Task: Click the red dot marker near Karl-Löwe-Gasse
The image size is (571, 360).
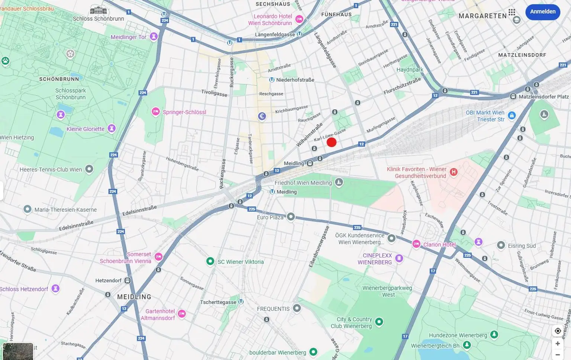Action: [x=331, y=142]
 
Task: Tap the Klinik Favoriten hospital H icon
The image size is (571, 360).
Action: [x=454, y=172]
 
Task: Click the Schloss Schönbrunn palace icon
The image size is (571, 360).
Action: [x=98, y=10]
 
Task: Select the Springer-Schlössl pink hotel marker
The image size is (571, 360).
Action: [x=156, y=112]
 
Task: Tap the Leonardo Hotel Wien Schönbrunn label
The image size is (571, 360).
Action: [x=270, y=20]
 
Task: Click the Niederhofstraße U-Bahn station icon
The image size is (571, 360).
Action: [x=272, y=80]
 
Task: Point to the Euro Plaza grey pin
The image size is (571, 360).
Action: [x=291, y=216]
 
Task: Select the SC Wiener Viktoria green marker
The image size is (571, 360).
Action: [x=210, y=261]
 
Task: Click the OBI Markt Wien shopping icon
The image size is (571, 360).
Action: [x=512, y=115]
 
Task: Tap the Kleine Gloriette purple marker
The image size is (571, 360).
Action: [x=111, y=128]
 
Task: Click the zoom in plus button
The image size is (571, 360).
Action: [x=558, y=343]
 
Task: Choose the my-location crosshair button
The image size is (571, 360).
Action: [x=558, y=331]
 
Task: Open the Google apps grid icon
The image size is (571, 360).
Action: [x=512, y=12]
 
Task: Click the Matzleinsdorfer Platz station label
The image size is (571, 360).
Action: [x=543, y=97]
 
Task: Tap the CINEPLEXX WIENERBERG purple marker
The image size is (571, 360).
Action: [x=399, y=258]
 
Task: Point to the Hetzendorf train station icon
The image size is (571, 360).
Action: [x=128, y=280]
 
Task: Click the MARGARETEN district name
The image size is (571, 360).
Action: [x=483, y=16]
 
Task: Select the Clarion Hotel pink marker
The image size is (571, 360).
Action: [x=416, y=244]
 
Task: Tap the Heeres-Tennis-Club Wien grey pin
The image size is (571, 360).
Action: [x=89, y=169]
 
